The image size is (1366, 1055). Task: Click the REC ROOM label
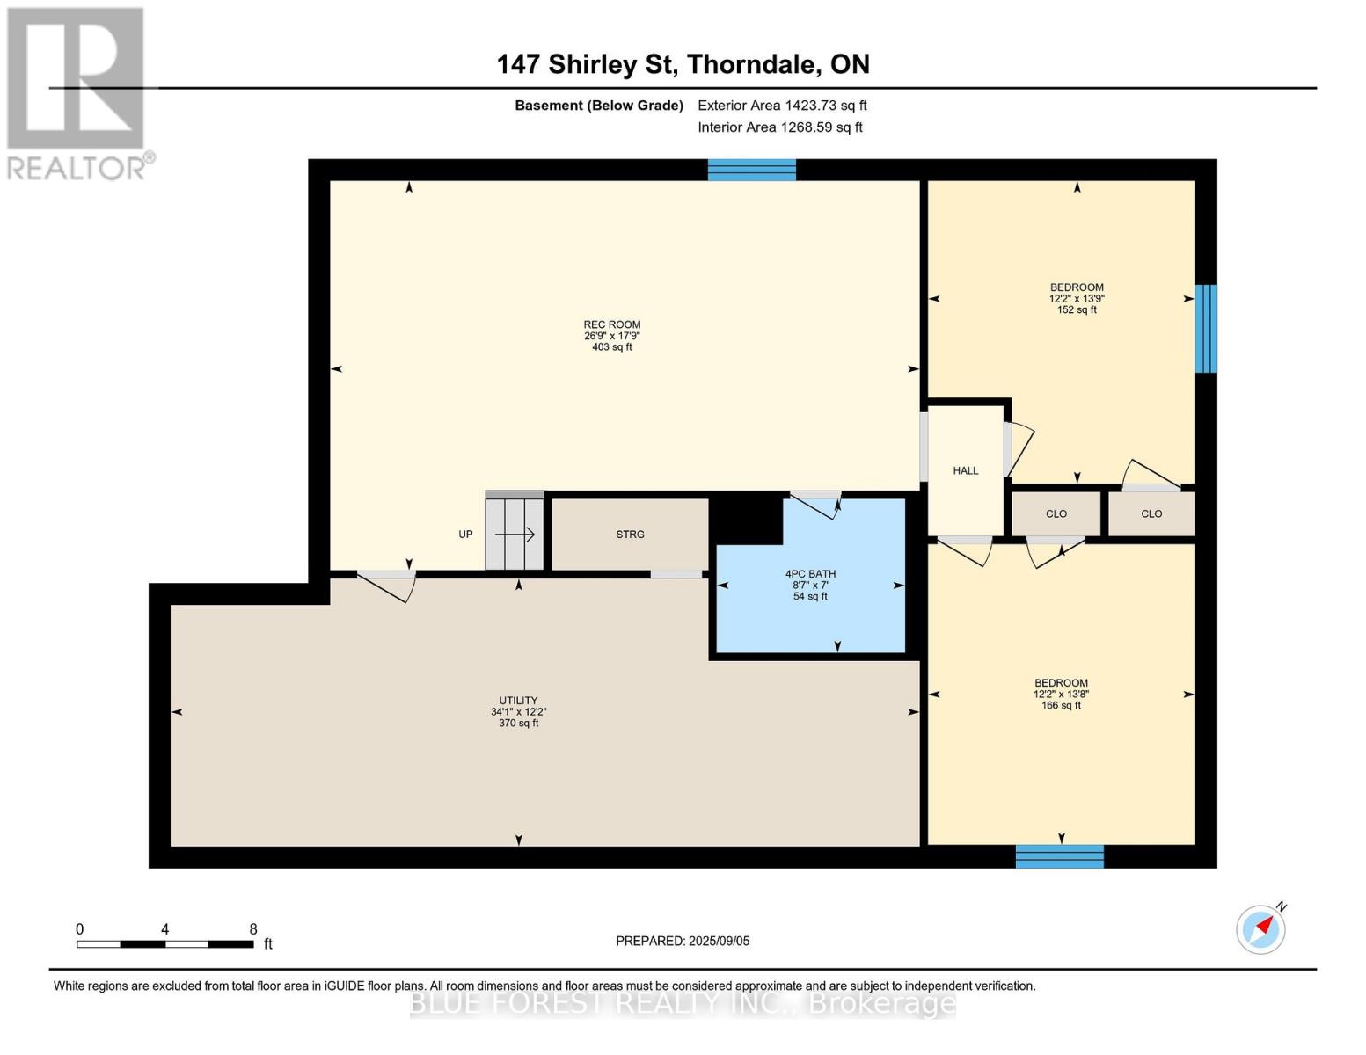612,324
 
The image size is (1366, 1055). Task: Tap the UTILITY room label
518,701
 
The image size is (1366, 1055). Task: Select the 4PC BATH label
810,574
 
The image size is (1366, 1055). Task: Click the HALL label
965,471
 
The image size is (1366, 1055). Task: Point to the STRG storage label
630,535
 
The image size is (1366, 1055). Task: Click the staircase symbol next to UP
515,534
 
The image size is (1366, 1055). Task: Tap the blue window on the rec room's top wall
751,170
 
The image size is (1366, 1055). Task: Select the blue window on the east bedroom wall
1206,328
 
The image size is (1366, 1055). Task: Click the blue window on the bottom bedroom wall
1059,856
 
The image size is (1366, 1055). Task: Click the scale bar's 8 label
253,929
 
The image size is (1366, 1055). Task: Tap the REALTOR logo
77,92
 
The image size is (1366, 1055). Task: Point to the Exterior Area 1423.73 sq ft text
782,105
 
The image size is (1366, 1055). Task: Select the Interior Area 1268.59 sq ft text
779,127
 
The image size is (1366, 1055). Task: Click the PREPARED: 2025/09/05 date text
683,941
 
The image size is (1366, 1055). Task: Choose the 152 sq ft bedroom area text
1077,310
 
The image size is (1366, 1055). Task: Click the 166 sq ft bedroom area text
1061,705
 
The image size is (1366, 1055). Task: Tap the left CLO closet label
1056,514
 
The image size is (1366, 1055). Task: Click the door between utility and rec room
386,585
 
